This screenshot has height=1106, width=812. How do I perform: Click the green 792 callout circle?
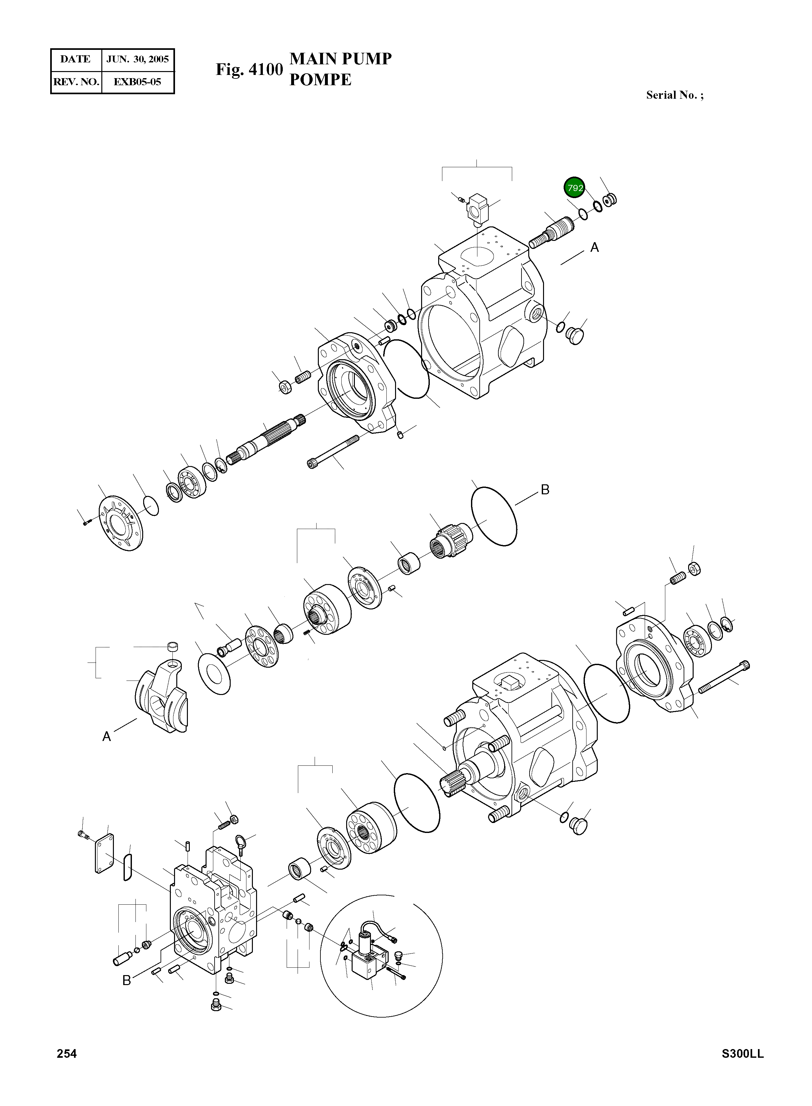[x=574, y=188]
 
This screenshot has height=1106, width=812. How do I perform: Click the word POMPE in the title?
[x=320, y=79]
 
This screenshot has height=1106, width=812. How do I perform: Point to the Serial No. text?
[x=674, y=95]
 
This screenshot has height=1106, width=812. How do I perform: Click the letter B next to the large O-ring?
[x=545, y=489]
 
